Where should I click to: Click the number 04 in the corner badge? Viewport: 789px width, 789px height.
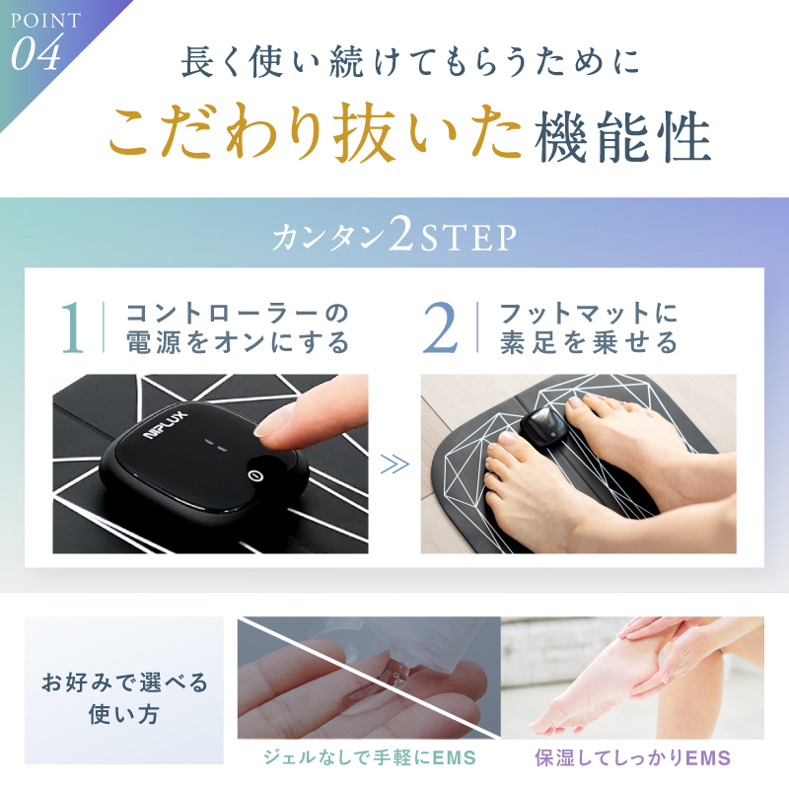point(36,55)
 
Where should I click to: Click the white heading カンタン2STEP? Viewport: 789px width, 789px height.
point(394,237)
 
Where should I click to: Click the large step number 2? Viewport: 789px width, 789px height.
point(441,328)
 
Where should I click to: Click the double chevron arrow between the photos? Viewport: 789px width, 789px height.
point(394,465)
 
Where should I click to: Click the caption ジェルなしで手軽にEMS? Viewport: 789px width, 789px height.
point(369,757)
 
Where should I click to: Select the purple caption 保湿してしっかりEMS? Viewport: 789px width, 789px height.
point(632,757)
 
